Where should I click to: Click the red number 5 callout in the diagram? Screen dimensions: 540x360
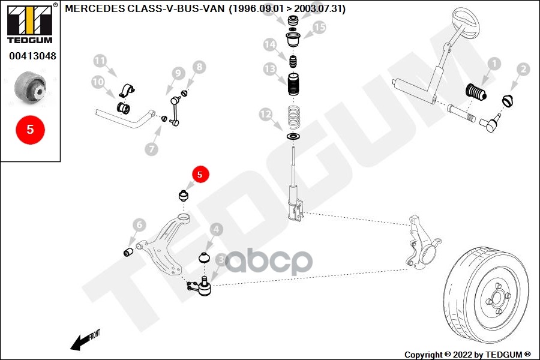point(200,174)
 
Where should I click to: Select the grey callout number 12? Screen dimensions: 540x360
point(265,114)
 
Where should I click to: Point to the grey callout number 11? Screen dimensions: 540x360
point(100,61)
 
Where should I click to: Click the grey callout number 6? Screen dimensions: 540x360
point(139,225)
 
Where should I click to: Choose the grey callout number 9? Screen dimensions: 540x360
point(177,73)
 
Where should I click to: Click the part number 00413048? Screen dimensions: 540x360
point(32,57)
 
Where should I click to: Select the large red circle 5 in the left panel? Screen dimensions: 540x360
point(31,129)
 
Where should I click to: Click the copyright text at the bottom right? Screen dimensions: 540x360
point(467,354)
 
